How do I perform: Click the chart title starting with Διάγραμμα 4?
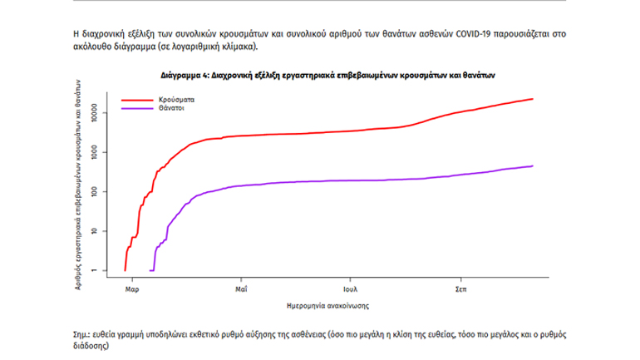pyautogui.click(x=327, y=75)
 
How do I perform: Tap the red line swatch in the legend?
pyautogui.click(x=139, y=99)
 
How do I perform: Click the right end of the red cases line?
pyautogui.click(x=533, y=99)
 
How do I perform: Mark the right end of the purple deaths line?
pyautogui.click(x=533, y=166)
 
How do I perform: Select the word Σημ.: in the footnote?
pyautogui.click(x=84, y=333)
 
